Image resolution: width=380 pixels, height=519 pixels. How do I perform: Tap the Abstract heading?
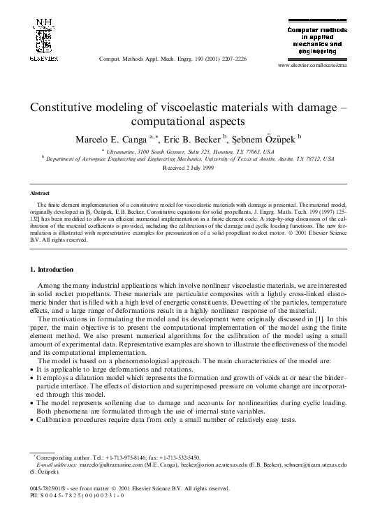[40, 191]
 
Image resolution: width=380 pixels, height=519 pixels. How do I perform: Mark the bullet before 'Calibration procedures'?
[31, 421]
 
